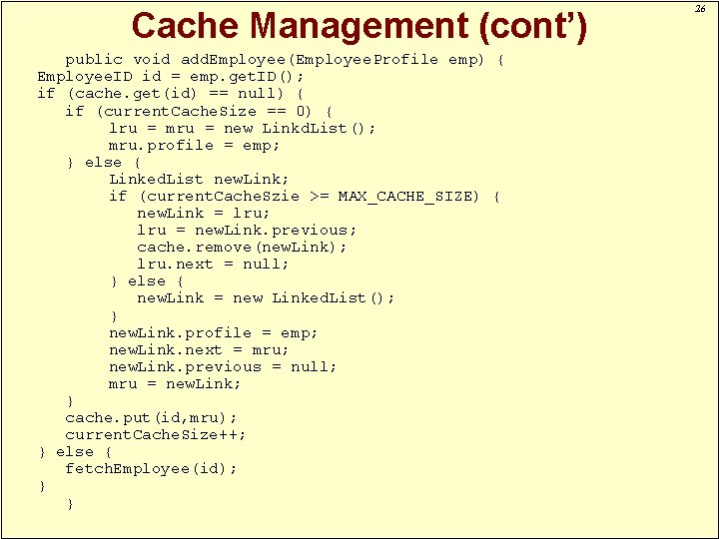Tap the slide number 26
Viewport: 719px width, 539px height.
pyautogui.click(x=701, y=9)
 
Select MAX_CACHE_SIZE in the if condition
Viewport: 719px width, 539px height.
pyautogui.click(x=408, y=196)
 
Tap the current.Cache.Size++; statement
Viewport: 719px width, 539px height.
pyautogui.click(x=155, y=434)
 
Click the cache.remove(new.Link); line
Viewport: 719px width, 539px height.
pyautogui.click(x=242, y=247)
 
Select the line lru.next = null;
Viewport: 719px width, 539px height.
pyautogui.click(x=213, y=264)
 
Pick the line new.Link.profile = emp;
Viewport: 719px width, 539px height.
pyautogui.click(x=213, y=332)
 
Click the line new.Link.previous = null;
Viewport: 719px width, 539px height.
pyautogui.click(x=223, y=366)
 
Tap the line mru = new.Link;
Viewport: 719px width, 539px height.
pyautogui.click(x=175, y=383)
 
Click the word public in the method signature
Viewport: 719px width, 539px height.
pyautogui.click(x=94, y=59)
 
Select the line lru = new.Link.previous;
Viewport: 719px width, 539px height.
pyautogui.click(x=246, y=230)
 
